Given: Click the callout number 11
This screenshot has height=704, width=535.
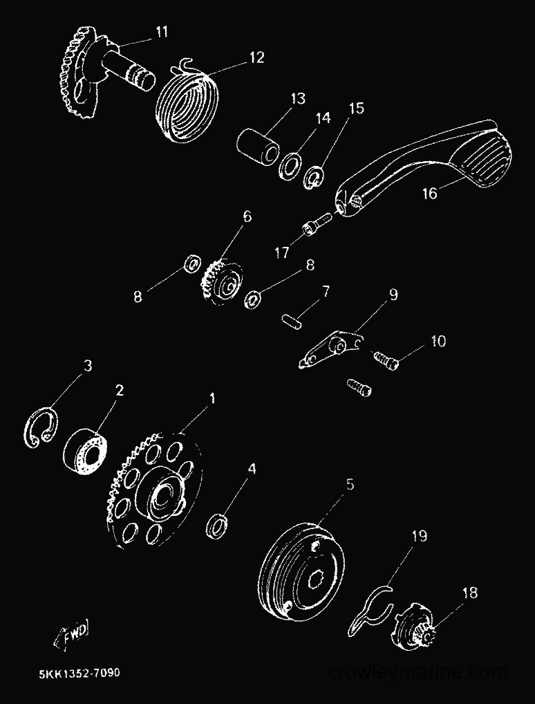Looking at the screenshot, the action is [x=161, y=33].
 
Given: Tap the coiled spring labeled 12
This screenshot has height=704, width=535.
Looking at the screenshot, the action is [x=189, y=106].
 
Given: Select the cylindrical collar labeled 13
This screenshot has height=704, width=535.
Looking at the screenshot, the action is [x=257, y=147].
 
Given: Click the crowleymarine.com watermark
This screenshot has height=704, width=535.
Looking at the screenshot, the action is [x=417, y=672].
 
